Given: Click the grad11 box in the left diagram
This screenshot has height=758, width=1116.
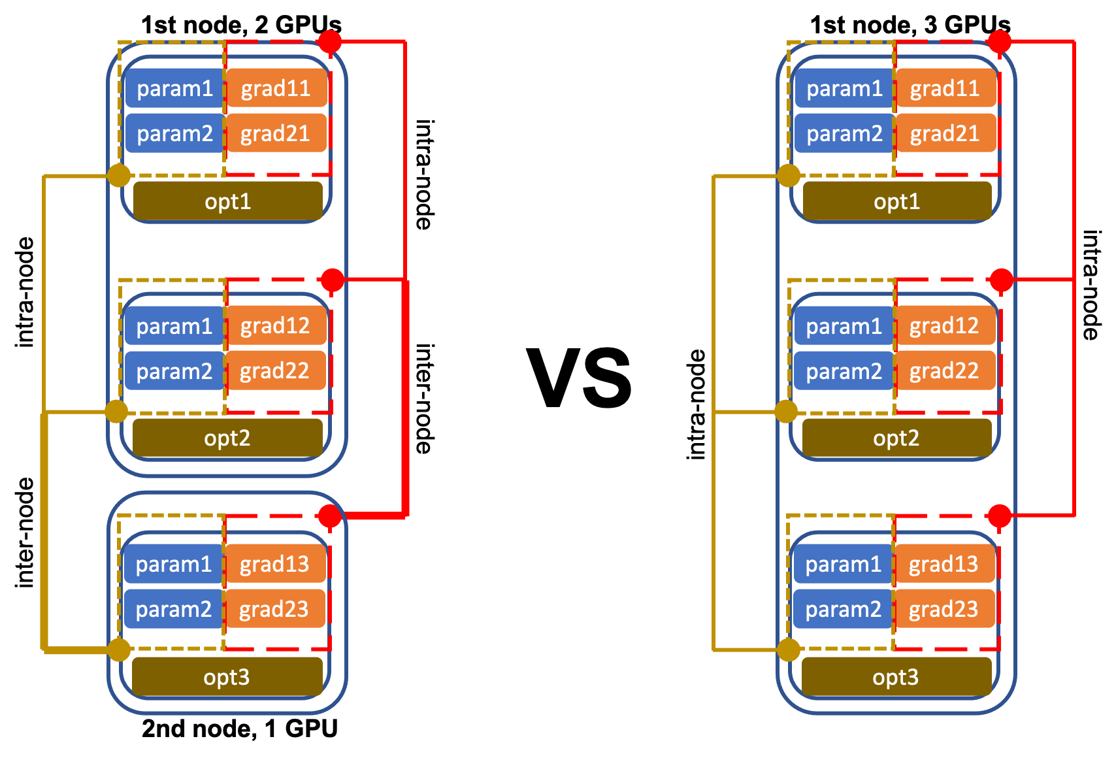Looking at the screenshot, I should (276, 89).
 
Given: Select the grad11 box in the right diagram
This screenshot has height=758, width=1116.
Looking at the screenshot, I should (945, 89).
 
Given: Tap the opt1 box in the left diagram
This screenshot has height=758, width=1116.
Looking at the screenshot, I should (227, 201).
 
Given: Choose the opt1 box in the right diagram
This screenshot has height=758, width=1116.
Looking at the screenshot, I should (896, 201).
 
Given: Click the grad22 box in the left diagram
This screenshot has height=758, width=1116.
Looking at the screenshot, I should (275, 371).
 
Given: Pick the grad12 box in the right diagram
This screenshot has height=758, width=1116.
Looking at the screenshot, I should (944, 326).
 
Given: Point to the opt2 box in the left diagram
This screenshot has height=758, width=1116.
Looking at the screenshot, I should (227, 438).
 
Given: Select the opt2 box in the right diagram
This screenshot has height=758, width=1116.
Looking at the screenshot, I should (896, 438).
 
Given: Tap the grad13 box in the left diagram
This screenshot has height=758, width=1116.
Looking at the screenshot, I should (274, 565).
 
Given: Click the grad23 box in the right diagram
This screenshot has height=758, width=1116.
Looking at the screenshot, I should (944, 610).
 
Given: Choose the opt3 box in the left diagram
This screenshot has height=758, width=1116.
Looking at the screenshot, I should (226, 677).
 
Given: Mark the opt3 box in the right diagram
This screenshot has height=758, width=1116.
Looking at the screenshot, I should (895, 677).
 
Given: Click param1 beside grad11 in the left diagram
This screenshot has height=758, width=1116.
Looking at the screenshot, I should (174, 89).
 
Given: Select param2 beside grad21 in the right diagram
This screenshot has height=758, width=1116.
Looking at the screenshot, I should (844, 134).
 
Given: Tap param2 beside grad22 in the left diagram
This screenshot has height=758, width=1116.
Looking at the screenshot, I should (174, 371).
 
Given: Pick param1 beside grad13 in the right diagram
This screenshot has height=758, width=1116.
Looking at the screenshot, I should (843, 565).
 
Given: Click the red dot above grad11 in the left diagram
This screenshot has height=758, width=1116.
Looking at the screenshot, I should (329, 42).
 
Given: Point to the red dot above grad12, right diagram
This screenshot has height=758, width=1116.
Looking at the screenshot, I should (1001, 280).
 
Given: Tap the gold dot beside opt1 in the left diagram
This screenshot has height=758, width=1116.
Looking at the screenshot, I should (119, 176).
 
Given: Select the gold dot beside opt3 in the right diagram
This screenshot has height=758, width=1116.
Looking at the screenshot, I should (788, 650).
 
